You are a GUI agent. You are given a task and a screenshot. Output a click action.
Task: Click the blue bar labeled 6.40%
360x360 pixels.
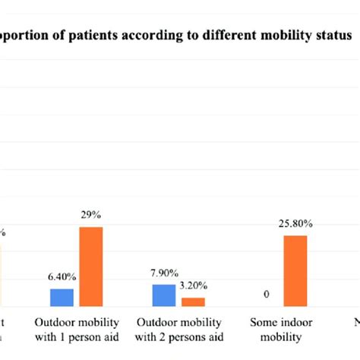point(62,297)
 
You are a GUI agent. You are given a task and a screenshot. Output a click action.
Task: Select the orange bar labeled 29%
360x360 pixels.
point(91,266)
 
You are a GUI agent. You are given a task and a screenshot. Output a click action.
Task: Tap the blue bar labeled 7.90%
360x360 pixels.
point(163,295)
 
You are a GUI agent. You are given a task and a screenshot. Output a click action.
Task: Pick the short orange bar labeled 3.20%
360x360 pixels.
point(193,302)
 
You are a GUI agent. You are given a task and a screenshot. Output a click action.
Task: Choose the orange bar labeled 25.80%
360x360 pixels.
point(296,270)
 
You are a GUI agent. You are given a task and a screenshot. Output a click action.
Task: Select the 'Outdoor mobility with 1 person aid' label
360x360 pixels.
point(77,329)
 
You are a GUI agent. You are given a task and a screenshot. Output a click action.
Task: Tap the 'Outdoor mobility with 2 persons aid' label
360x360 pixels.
point(178,329)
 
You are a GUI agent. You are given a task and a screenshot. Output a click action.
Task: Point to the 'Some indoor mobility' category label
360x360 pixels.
point(281,329)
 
